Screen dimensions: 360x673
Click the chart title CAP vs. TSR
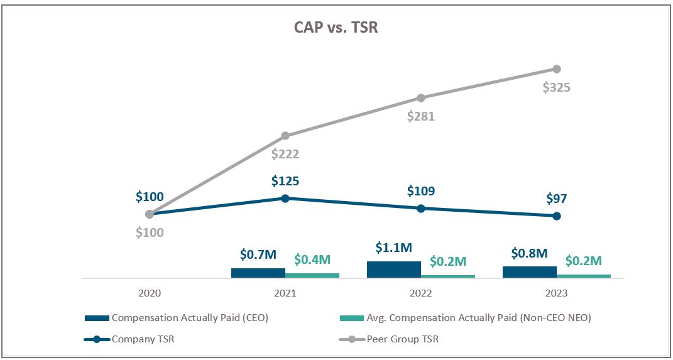pyautogui.click(x=336, y=27)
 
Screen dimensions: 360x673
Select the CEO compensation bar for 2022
pyautogui.click(x=394, y=270)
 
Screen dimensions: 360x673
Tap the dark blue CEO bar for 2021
pyautogui.click(x=258, y=273)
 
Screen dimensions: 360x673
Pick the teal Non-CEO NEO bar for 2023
pyautogui.click(x=583, y=276)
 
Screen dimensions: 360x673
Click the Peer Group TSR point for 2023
pyautogui.click(x=556, y=68)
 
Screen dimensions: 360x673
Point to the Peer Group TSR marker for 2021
pyautogui.click(x=285, y=136)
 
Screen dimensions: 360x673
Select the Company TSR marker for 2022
pyautogui.click(x=421, y=208)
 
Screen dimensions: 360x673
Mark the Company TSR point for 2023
pyautogui.click(x=556, y=216)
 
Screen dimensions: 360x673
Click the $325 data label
pyautogui.click(x=556, y=87)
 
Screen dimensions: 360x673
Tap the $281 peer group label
pyautogui.click(x=420, y=116)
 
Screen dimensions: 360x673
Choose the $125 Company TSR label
pyautogui.click(x=285, y=182)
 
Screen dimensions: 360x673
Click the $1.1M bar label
pyautogui.click(x=393, y=248)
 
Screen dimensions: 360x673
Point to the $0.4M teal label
pyautogui.click(x=312, y=259)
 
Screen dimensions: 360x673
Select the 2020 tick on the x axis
pyautogui.click(x=150, y=293)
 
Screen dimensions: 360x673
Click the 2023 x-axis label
pyautogui.click(x=556, y=293)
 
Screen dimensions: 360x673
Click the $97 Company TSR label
pyautogui.click(x=556, y=199)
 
